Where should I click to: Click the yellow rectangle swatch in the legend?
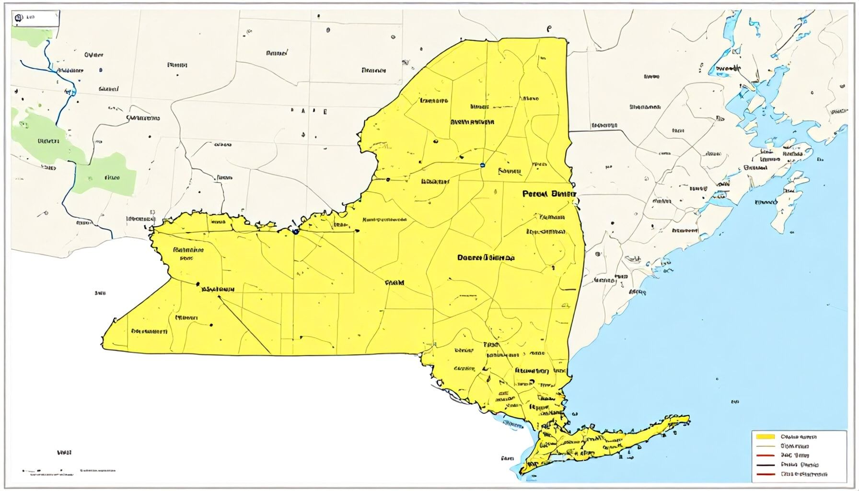[765, 436]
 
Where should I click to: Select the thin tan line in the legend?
[765, 446]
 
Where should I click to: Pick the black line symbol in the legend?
[765, 465]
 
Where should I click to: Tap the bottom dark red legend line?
[765, 474]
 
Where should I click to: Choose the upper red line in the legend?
[765, 455]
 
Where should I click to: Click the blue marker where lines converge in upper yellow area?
[482, 165]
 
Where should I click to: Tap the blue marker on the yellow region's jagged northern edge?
[296, 232]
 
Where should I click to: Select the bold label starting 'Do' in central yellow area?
[486, 257]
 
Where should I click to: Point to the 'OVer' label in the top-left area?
[94, 55]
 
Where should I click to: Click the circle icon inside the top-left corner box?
[19, 18]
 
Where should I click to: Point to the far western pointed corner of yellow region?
[103, 344]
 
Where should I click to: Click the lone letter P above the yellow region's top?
[549, 29]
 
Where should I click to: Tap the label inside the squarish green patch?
[111, 177]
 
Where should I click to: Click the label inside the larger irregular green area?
[48, 141]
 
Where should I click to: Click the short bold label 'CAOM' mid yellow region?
[395, 283]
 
